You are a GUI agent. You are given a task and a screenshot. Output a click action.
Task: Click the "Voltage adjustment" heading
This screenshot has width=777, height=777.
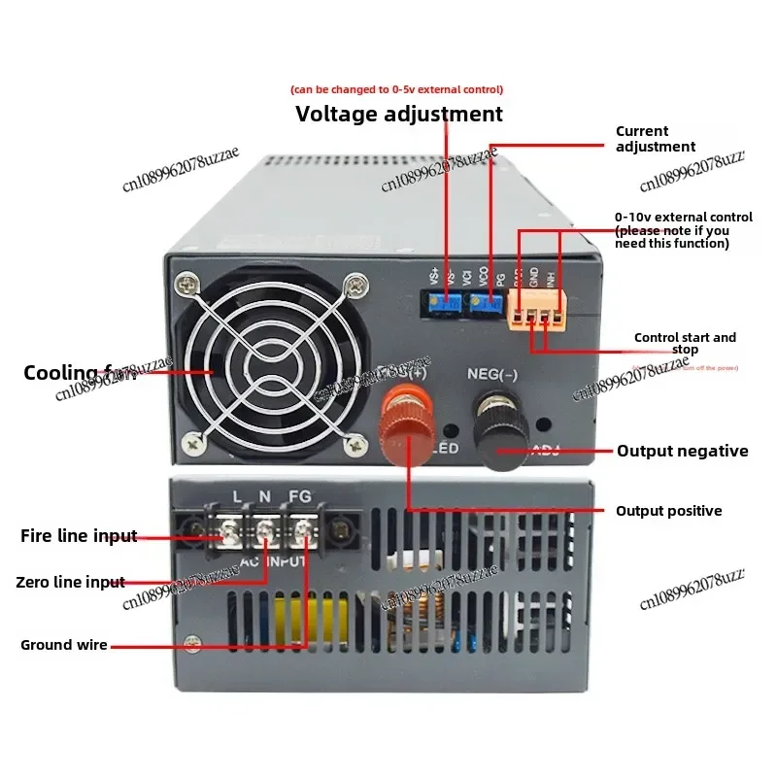click(x=399, y=114)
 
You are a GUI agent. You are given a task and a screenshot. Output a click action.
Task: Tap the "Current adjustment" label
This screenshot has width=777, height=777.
click(x=656, y=139)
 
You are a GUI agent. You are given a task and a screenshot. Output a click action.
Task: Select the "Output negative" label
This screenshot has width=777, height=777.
click(x=683, y=451)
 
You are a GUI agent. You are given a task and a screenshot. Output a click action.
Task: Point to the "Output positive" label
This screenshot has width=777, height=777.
click(x=669, y=511)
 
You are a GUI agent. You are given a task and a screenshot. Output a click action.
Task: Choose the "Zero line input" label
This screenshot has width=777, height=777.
click(x=70, y=583)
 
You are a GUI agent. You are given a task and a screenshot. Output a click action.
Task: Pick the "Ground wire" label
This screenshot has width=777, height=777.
click(x=64, y=645)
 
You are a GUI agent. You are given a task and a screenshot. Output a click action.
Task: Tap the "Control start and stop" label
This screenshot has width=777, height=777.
click(x=685, y=344)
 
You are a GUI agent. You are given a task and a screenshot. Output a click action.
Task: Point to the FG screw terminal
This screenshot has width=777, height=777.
click(x=303, y=530)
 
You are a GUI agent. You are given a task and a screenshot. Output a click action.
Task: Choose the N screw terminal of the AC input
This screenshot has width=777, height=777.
click(x=264, y=530)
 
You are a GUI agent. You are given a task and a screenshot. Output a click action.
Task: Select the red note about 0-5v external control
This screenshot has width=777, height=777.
click(x=397, y=90)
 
